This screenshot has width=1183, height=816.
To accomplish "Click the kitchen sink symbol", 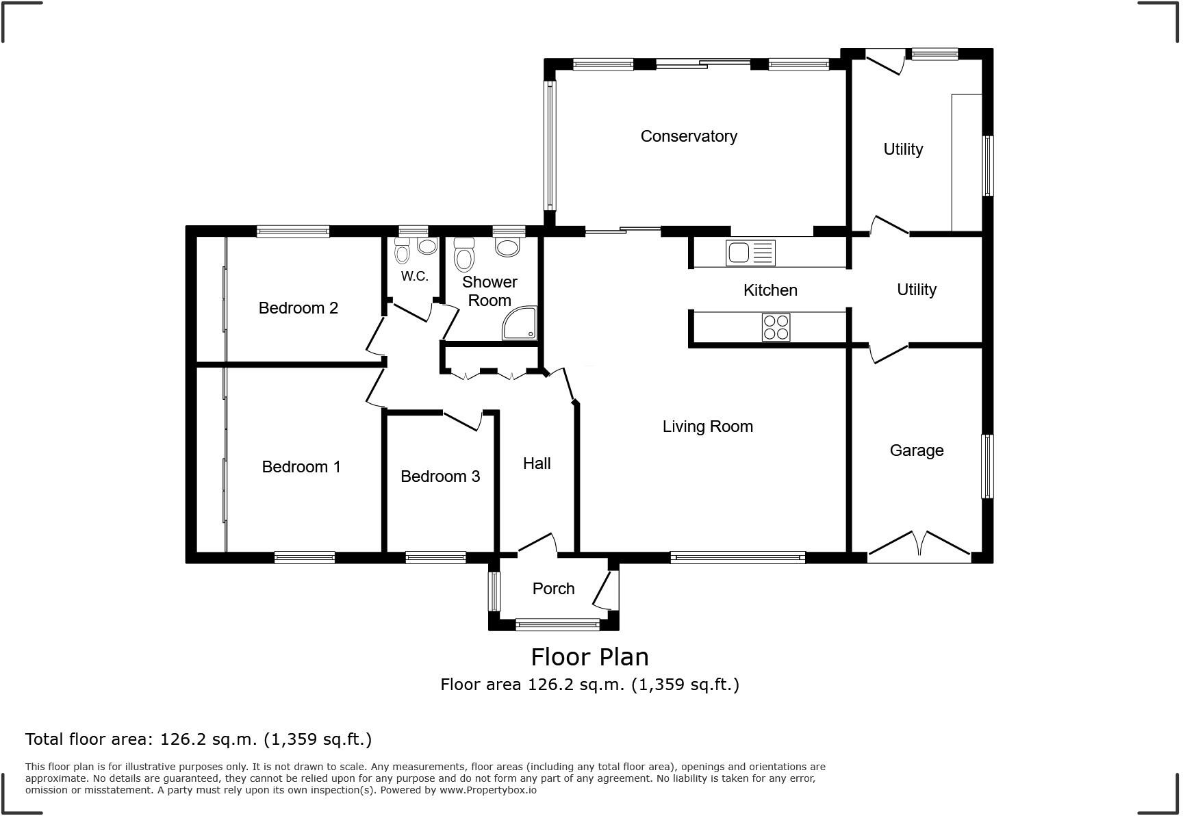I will [750, 253].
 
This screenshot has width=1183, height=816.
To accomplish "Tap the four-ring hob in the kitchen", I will [776, 327].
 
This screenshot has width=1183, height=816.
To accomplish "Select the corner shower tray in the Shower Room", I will [520, 324].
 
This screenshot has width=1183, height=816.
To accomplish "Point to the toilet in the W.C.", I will [402, 253].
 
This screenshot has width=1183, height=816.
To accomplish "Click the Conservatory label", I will [689, 136].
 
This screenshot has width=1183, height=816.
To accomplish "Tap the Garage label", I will [916, 450].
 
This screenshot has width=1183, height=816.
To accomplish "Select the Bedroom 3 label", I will [440, 476].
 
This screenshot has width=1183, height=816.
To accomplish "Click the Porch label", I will [553, 589].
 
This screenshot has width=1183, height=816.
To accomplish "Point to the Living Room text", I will [707, 426].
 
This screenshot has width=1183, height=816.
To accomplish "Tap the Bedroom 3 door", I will [463, 420].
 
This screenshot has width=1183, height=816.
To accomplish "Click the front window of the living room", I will [737, 558].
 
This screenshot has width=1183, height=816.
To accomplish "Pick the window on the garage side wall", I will [987, 466].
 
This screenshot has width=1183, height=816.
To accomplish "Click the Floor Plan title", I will [589, 657].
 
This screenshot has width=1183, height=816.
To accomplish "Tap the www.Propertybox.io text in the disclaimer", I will [488, 790].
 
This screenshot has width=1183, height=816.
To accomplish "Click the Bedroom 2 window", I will [292, 232].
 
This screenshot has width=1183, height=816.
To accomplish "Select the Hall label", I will [537, 463].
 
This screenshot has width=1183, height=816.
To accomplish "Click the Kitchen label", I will [770, 290].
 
